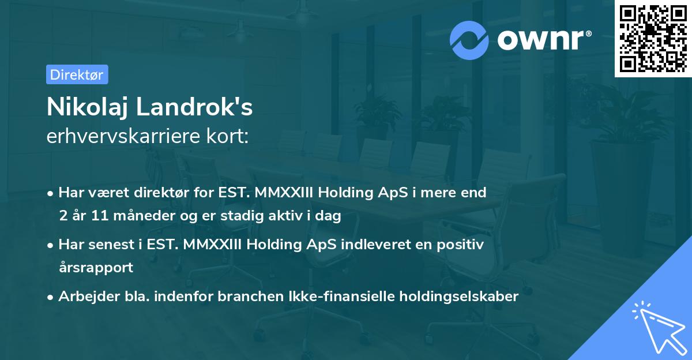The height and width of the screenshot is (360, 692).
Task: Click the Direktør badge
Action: [77, 74]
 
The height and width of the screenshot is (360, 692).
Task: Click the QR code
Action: [653, 38]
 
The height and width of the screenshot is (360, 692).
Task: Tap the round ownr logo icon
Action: [469, 40]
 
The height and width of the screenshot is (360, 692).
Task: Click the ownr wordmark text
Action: [542, 40]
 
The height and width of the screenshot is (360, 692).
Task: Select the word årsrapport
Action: [96, 268]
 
